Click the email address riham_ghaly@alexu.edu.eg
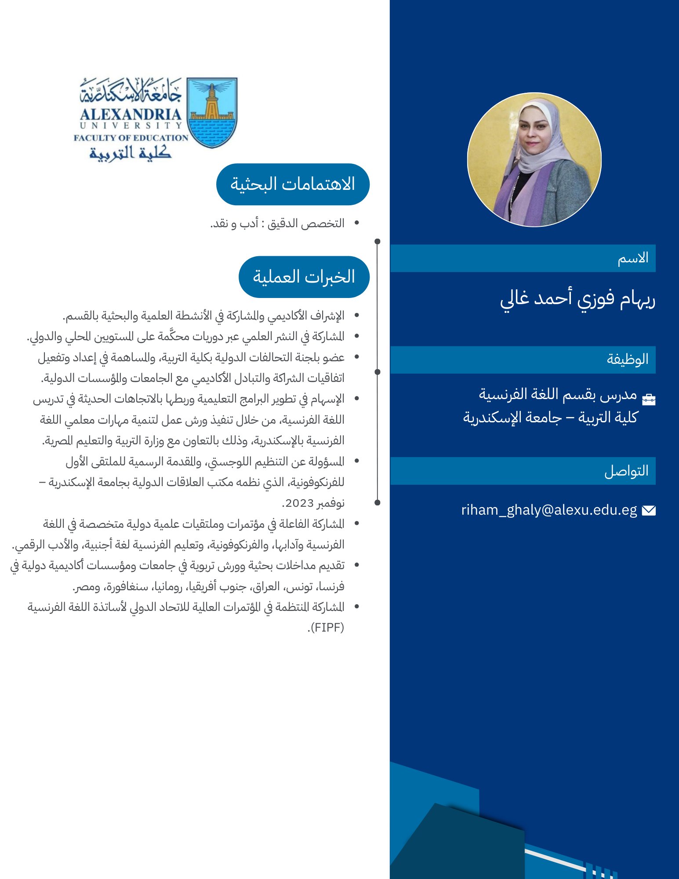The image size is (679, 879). click(x=549, y=510)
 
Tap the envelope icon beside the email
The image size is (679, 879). click(x=649, y=510)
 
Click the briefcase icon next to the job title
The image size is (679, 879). click(x=649, y=399)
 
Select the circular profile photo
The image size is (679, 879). click(x=534, y=160)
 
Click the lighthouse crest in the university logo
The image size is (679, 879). click(x=212, y=113)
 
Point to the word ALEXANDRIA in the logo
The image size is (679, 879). click(x=131, y=115)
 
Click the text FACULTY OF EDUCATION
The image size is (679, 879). click(x=131, y=138)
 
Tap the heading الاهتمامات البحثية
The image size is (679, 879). click(x=293, y=184)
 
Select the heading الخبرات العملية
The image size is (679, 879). click(x=304, y=277)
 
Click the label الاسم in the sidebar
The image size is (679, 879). click(x=633, y=258)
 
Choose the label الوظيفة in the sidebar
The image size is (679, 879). click(x=628, y=360)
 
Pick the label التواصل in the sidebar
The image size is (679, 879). click(x=626, y=471)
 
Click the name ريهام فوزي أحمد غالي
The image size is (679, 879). click(x=577, y=299)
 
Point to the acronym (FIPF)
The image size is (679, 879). click(x=326, y=627)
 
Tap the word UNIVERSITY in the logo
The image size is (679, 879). click(x=131, y=126)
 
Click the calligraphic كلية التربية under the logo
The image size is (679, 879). click(x=131, y=153)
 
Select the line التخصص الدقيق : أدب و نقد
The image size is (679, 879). click(x=277, y=223)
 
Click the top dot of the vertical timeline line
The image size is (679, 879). click(x=377, y=241)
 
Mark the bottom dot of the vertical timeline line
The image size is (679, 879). click(x=377, y=502)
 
